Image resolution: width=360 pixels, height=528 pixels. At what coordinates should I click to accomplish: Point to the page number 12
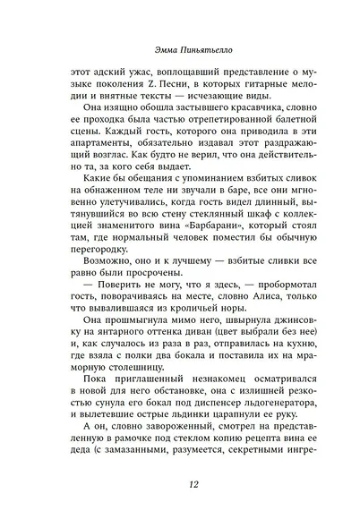click(179, 484)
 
